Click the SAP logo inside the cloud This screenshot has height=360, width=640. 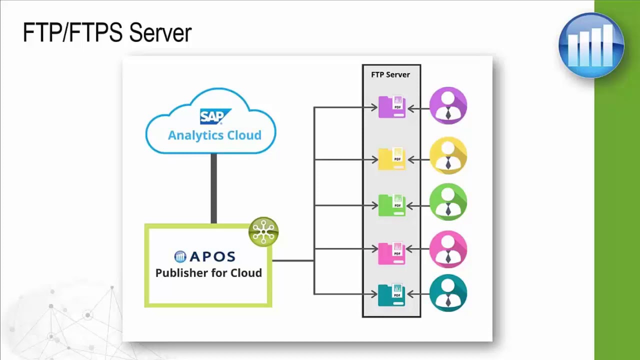pos(215,116)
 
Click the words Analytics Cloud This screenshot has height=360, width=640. pos(214,135)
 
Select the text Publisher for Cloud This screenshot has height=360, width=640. pos(208,273)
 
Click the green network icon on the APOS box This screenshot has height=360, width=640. pos(263,231)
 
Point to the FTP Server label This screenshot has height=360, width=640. pos(390,75)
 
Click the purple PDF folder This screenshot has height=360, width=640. pos(391,107)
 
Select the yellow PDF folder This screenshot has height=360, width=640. pos(391,159)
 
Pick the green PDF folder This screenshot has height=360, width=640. pos(391,205)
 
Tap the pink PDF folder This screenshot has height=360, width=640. pos(391,253)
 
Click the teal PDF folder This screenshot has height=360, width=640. pos(391,294)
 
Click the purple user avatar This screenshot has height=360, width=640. pos(448,105)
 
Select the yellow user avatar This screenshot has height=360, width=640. pos(448,156)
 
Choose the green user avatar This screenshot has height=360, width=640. pos(448,202)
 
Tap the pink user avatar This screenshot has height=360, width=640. pos(448,249)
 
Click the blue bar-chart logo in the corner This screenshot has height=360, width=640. pos(591,45)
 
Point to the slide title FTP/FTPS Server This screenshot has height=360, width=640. pos(107,33)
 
